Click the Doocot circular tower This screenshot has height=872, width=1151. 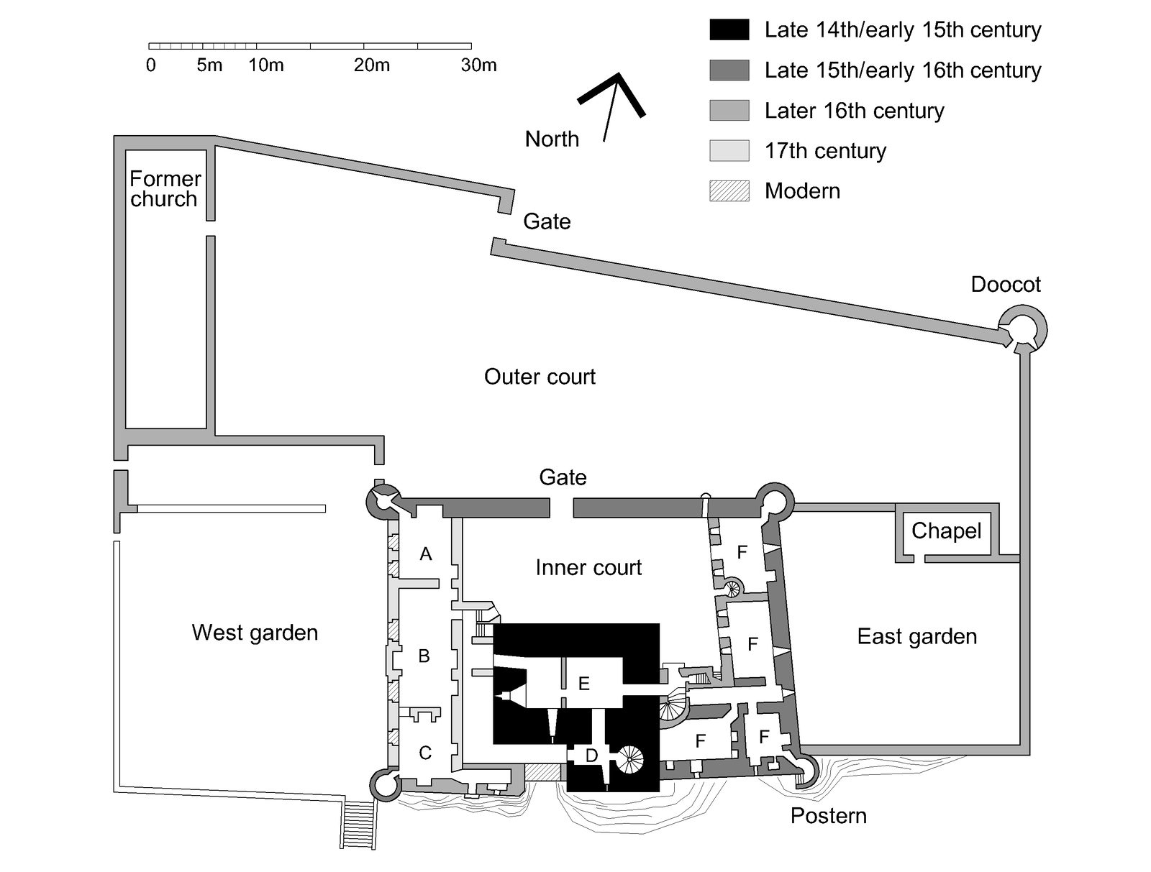1022,330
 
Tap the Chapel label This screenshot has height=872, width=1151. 946,531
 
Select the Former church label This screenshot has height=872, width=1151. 165,188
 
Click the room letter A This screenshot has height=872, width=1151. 426,554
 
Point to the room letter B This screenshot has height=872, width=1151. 424,656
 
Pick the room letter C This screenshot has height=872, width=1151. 425,753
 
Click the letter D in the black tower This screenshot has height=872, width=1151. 591,756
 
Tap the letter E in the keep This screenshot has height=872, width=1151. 583,684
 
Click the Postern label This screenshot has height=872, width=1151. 828,816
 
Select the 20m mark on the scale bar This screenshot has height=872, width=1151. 372,65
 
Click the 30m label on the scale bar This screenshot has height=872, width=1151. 478,65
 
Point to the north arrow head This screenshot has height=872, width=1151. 618,76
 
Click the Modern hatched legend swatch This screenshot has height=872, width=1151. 729,191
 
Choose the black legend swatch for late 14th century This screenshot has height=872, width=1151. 729,30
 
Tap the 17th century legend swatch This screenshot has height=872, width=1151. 729,151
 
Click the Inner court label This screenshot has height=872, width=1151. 588,568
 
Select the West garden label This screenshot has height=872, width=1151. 255,633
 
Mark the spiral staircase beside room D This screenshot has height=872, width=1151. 632,757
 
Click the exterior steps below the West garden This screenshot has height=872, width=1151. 358,825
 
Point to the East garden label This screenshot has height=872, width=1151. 916,637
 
